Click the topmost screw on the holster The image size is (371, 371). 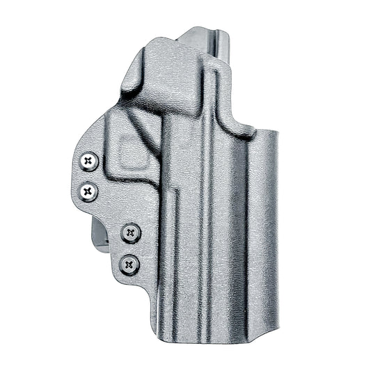coord(88,161)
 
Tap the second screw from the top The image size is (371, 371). coord(88,189)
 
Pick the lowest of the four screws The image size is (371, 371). coord(129,264)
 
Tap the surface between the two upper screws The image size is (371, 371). coord(89,175)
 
